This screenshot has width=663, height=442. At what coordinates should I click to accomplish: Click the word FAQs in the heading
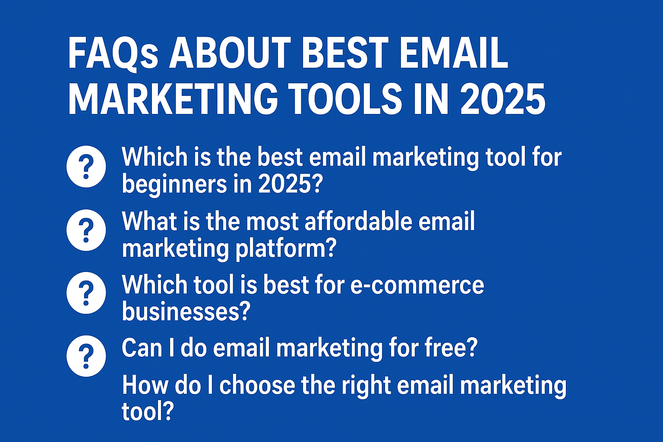(x=113, y=54)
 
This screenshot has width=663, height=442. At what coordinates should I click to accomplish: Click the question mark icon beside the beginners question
(x=86, y=167)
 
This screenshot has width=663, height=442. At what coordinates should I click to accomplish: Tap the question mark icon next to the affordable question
(x=86, y=230)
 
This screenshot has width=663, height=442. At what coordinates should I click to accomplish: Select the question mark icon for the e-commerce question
(x=86, y=293)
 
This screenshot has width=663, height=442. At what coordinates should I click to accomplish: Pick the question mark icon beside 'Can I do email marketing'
(x=86, y=356)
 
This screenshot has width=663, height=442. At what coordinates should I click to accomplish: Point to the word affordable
(x=353, y=221)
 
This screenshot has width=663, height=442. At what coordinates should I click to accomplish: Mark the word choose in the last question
(x=257, y=385)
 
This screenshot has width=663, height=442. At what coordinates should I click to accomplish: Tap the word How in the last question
(x=139, y=385)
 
